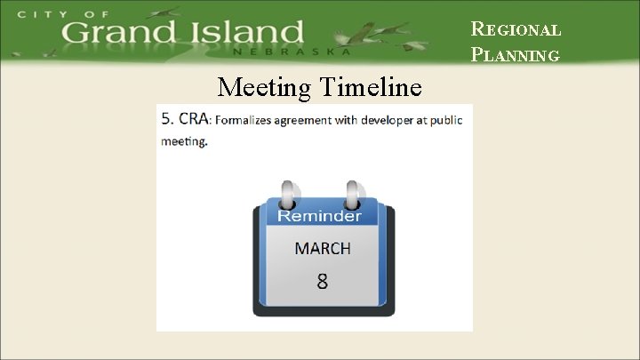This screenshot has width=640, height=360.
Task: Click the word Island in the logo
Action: pyautogui.click(x=244, y=34)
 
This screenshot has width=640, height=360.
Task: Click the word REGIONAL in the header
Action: pyautogui.click(x=516, y=29)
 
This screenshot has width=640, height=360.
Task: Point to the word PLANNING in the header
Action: pyautogui.click(x=516, y=55)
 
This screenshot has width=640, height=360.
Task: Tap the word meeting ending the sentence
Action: pyautogui.click(x=183, y=141)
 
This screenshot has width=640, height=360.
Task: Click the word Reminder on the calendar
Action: pyautogui.click(x=319, y=216)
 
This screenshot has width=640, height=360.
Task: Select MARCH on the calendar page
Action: pyautogui.click(x=323, y=248)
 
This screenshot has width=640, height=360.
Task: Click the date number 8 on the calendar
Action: pyautogui.click(x=322, y=282)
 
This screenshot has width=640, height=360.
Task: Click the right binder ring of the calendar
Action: pyautogui.click(x=354, y=194)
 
